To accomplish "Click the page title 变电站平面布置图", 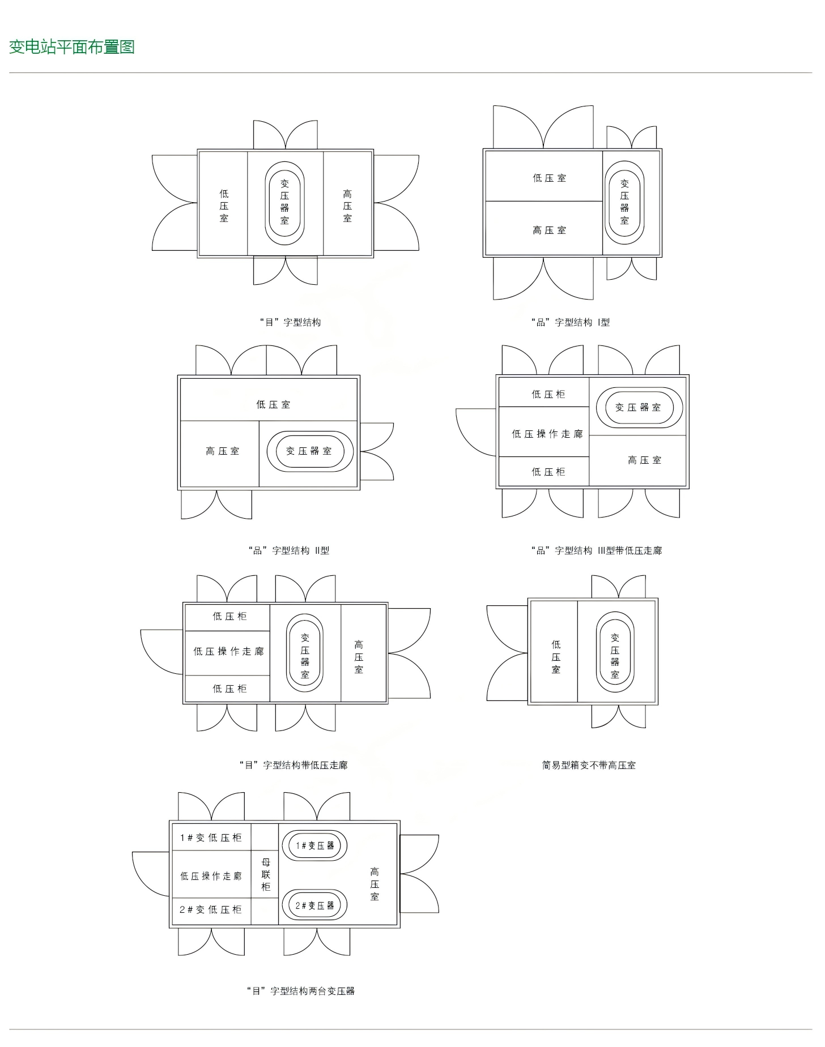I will [72, 47].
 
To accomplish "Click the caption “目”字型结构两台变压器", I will [301, 991].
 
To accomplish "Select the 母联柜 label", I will [266, 874].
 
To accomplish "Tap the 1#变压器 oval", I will [314, 845].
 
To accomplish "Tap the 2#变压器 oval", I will [314, 905].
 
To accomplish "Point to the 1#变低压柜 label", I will [211, 837].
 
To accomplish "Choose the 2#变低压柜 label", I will [211, 909].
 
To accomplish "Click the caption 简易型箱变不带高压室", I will [589, 765].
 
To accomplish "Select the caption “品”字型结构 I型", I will [571, 322].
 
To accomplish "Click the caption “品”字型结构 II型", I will [289, 550].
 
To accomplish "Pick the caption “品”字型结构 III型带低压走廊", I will [597, 550].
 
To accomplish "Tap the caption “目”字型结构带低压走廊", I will [294, 765].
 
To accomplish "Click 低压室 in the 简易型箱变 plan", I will [556, 657].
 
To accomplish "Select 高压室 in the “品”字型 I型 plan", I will [549, 230].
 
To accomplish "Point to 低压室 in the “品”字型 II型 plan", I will [273, 404].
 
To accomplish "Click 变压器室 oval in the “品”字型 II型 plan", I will [309, 451].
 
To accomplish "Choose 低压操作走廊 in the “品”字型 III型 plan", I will [547, 434].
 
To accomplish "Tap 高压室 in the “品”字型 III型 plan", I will [645, 460].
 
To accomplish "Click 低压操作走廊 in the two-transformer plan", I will [211, 876].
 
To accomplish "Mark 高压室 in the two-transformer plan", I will [375, 884].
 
